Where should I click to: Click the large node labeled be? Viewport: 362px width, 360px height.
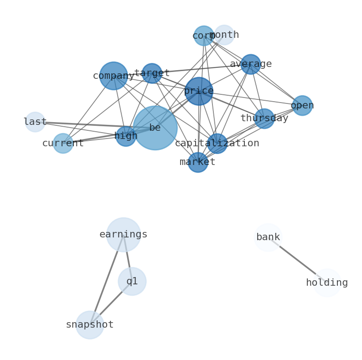(155, 128)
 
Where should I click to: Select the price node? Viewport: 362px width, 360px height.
(199, 91)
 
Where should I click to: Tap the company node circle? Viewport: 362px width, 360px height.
(114, 76)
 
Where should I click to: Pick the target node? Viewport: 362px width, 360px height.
(152, 73)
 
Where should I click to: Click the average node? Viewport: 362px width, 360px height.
(251, 64)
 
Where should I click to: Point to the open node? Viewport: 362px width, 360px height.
(302, 106)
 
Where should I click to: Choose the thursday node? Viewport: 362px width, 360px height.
(264, 118)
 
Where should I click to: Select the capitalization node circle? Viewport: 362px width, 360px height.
(217, 144)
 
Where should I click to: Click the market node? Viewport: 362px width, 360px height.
(198, 162)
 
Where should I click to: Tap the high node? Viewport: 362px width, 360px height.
(126, 136)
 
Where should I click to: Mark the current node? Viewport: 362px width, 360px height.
(63, 144)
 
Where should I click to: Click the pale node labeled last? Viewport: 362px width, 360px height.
(35, 122)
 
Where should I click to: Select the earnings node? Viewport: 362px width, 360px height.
(124, 235)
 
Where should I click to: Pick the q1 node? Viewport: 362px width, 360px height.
(132, 282)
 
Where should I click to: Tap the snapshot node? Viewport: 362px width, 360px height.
(90, 325)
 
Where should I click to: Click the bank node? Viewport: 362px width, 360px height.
(268, 237)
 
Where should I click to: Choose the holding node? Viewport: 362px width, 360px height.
(327, 283)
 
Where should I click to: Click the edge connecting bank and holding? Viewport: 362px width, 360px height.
(297, 260)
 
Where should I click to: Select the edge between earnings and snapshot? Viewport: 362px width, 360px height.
(107, 280)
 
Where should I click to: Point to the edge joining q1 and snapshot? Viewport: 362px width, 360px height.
(111, 303)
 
